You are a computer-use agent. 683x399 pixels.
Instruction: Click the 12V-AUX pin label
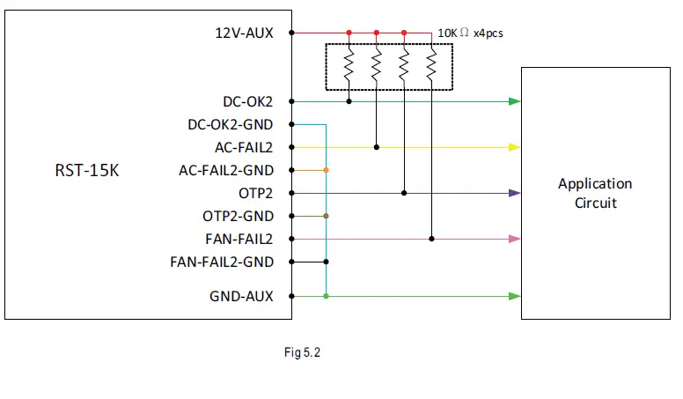click(244, 33)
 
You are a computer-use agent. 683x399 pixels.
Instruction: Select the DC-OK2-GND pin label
click(231, 124)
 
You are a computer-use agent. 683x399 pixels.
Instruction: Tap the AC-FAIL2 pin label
click(244, 147)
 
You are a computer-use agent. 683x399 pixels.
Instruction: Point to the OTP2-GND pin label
click(238, 216)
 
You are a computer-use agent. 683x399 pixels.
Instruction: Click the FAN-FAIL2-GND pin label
click(221, 262)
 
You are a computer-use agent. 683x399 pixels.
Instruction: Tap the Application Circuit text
click(595, 193)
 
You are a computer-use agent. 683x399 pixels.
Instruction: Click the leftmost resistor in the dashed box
click(349, 65)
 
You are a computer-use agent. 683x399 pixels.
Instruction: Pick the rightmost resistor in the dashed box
click(431, 65)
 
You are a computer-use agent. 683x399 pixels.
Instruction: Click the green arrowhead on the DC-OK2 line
click(515, 101)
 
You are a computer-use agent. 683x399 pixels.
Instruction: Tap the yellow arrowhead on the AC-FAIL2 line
click(515, 147)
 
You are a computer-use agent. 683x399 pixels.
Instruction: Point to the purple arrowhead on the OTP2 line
click(515, 193)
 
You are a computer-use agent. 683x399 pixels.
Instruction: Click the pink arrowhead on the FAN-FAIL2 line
click(515, 239)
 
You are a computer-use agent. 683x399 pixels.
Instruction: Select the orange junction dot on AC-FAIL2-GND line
click(327, 170)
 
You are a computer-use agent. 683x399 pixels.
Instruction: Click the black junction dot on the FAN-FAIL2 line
click(431, 239)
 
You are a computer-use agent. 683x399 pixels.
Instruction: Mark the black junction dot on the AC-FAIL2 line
click(377, 147)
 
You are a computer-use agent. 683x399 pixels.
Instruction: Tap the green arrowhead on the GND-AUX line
click(515, 297)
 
